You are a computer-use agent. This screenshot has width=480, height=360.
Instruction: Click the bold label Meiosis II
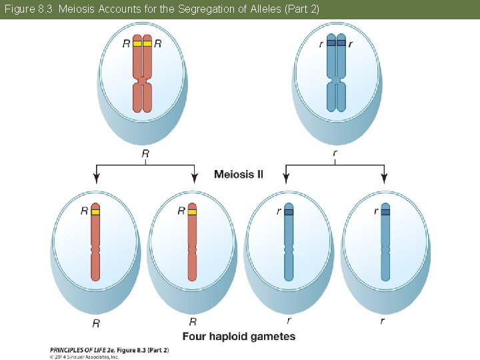point(239,175)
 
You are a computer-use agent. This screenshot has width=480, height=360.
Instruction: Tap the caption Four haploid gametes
point(239,337)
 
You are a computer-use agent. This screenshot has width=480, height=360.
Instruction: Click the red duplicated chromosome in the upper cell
point(142,73)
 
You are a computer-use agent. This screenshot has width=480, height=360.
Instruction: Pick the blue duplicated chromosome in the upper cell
point(336,73)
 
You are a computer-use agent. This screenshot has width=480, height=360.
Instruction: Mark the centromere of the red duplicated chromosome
point(142,80)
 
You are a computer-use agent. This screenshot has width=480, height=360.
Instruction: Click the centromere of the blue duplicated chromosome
point(336,80)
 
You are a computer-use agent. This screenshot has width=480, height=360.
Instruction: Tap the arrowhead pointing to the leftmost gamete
point(97,178)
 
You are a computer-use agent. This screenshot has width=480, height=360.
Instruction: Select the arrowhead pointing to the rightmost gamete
point(385,178)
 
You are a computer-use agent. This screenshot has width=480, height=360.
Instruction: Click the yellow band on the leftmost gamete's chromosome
point(95,211)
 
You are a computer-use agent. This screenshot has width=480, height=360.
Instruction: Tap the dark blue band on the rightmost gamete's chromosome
point(385,211)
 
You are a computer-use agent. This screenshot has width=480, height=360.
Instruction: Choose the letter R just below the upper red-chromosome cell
point(145,154)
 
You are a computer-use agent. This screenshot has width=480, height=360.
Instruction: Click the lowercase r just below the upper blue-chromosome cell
point(335,154)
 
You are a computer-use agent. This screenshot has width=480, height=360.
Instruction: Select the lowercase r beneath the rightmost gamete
point(383,321)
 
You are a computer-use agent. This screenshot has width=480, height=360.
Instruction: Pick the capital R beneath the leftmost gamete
point(96,323)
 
